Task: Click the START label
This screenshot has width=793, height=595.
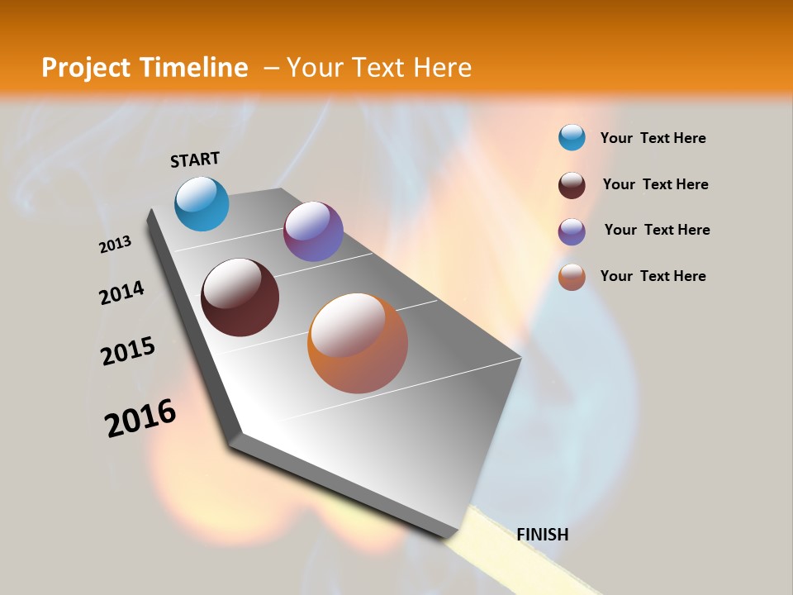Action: pos(195,159)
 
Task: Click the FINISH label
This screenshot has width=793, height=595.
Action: pos(542,535)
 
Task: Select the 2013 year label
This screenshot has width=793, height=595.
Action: pos(116,244)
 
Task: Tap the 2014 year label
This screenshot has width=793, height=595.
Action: pos(122,293)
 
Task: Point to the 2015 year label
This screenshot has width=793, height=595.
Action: pos(128,351)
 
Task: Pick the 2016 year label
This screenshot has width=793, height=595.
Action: pos(140,418)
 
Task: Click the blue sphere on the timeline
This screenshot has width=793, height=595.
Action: pos(202,203)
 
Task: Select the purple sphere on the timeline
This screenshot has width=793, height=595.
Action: pos(313,231)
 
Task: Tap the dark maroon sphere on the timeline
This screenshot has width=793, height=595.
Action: pos(240,297)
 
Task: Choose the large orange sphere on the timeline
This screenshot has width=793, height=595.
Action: pos(358,343)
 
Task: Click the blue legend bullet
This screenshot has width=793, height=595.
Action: pos(572,137)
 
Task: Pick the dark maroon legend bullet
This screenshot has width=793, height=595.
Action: pos(572,185)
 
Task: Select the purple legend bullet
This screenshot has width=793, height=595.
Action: pos(572,231)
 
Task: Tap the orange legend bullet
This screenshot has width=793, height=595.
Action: pos(572,277)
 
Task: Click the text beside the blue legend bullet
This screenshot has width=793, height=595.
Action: pos(653,139)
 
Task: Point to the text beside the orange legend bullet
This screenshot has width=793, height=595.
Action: pos(653,276)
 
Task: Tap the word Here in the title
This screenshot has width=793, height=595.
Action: pos(442,68)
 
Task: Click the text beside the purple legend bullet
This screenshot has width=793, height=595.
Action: pos(657,230)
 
